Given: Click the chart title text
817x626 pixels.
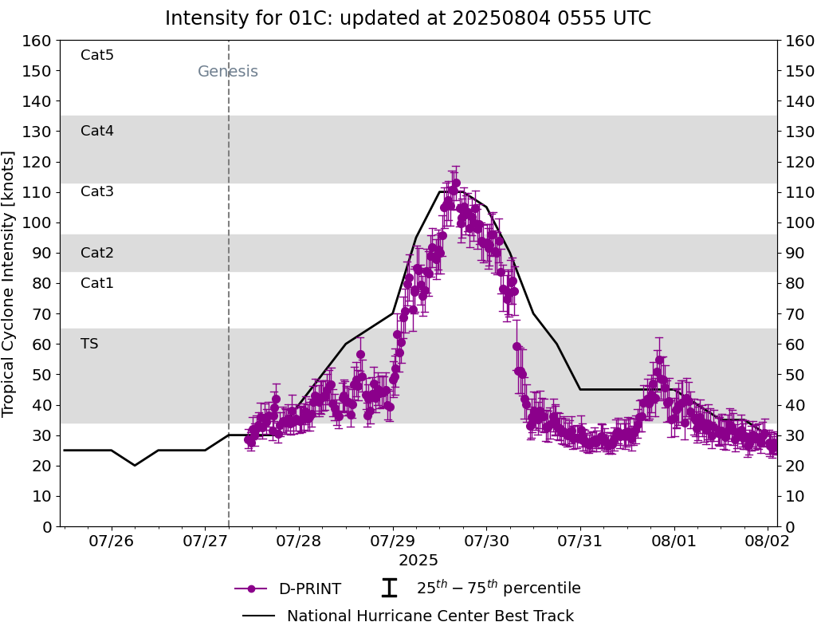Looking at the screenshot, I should click(407, 18).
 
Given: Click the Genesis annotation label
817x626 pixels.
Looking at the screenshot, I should click(228, 72).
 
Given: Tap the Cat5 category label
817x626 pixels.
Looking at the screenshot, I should click(97, 55).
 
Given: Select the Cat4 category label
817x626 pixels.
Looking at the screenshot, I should click(97, 131).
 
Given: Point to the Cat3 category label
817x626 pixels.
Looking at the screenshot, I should click(97, 191).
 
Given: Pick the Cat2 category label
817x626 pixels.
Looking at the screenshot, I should click(97, 253).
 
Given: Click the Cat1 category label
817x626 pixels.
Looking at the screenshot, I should click(97, 283).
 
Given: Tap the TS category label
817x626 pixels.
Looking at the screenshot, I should click(89, 344).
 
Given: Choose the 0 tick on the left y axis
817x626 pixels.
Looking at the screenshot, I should click(46, 526).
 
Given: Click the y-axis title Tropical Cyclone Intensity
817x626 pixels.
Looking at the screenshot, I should click(10, 283).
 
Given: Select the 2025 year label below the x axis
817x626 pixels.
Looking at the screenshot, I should click(418, 561).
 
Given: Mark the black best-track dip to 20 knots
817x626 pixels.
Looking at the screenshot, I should click(135, 465).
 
